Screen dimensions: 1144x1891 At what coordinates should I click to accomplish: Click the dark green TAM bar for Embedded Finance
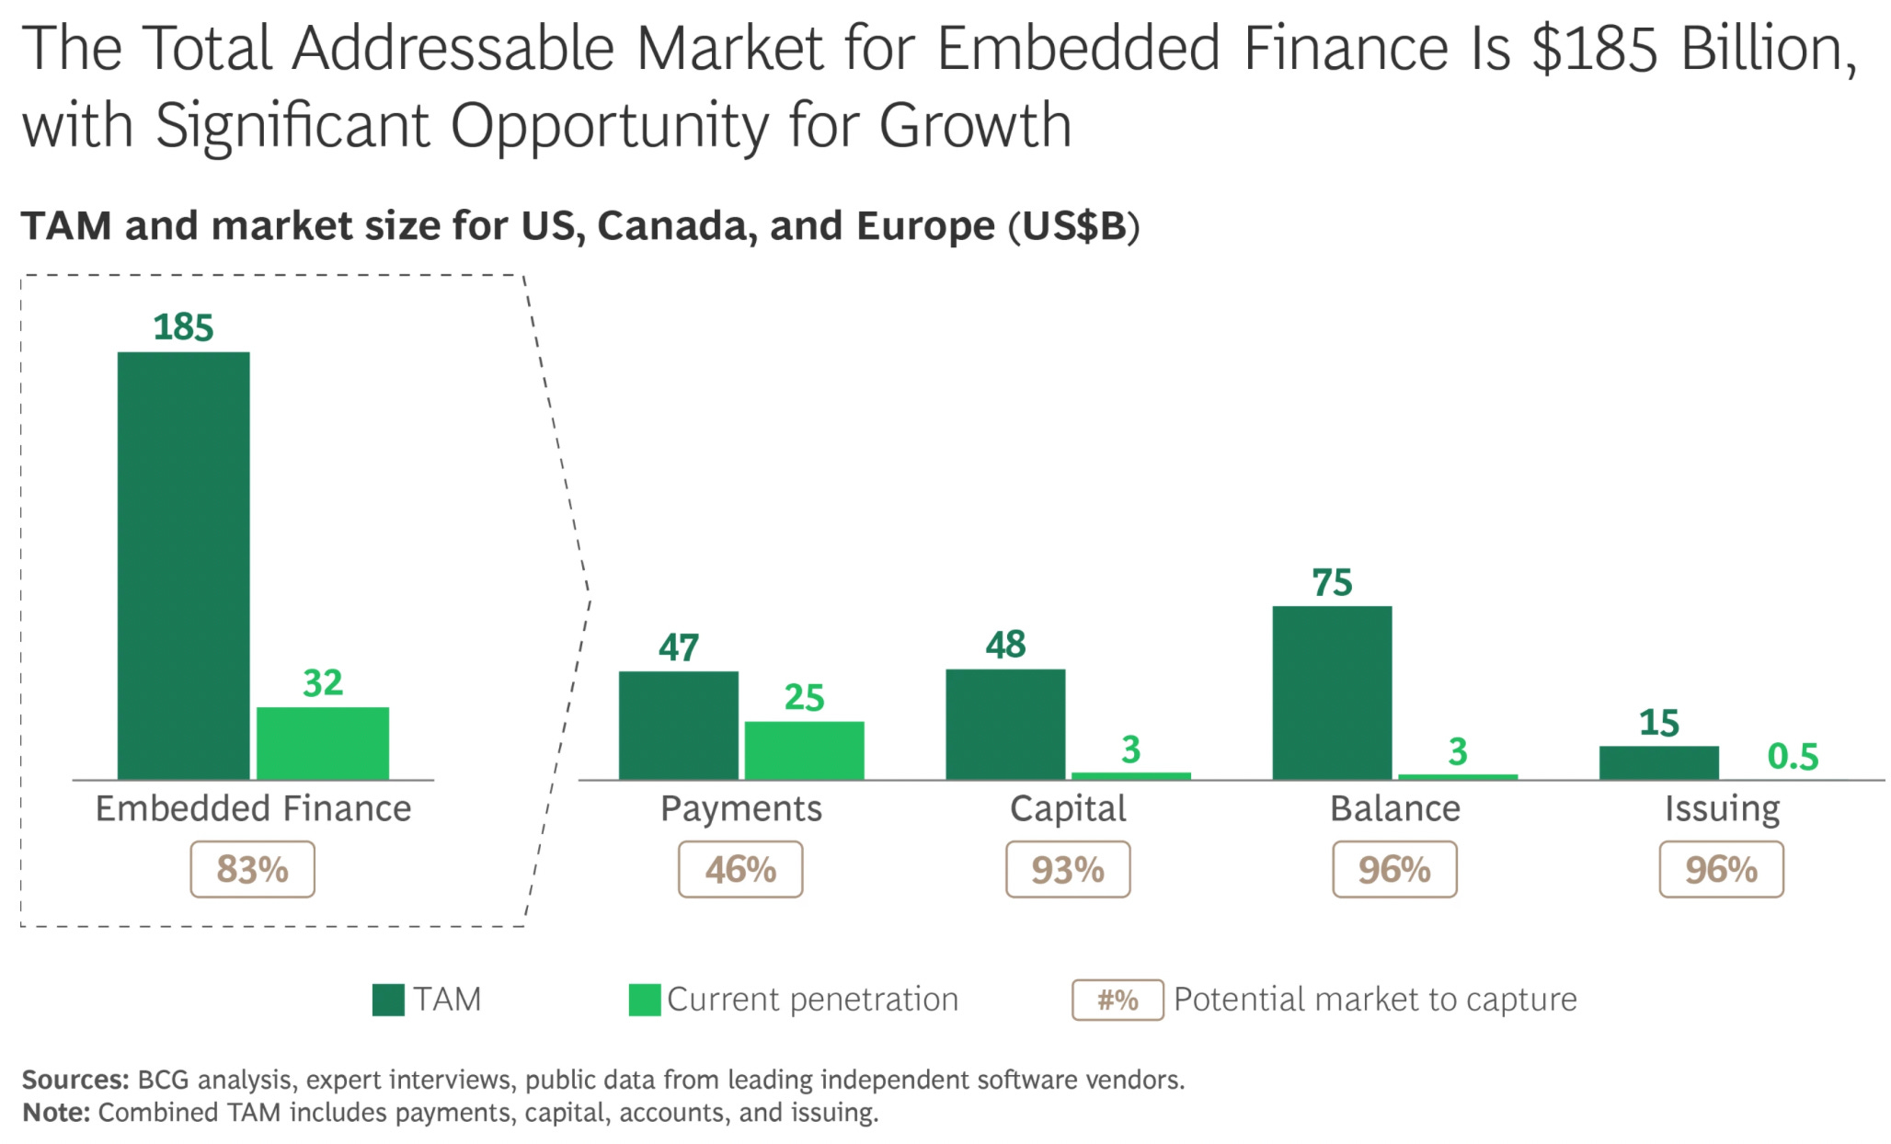(x=183, y=566)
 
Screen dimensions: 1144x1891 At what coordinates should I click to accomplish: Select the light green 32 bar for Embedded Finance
(x=322, y=743)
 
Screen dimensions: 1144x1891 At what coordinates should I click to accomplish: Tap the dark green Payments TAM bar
(x=678, y=726)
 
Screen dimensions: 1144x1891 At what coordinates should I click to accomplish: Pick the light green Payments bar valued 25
(x=804, y=750)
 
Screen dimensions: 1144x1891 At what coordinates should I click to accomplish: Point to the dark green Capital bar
(x=1005, y=725)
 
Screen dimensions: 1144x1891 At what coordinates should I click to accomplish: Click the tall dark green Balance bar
(x=1332, y=692)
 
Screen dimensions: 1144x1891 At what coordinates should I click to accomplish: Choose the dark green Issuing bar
(x=1658, y=762)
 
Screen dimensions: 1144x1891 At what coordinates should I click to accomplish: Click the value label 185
(x=183, y=327)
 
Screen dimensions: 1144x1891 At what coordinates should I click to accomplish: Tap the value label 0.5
(x=1793, y=756)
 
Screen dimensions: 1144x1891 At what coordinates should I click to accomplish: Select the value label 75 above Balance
(x=1332, y=583)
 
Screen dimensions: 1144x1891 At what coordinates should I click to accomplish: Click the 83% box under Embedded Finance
(x=252, y=869)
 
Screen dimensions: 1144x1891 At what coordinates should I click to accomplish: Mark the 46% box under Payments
(x=740, y=869)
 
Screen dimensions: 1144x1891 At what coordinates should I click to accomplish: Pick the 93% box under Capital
(x=1067, y=869)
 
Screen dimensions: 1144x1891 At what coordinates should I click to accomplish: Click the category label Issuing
(x=1722, y=808)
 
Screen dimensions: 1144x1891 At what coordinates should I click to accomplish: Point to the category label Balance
(x=1394, y=808)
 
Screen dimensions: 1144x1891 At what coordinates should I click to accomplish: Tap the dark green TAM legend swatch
(x=388, y=1000)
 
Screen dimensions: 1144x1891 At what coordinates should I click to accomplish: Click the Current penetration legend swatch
(x=644, y=1000)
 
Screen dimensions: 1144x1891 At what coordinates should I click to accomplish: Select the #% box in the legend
(x=1117, y=1000)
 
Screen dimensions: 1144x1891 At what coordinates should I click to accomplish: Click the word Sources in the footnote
(x=75, y=1079)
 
